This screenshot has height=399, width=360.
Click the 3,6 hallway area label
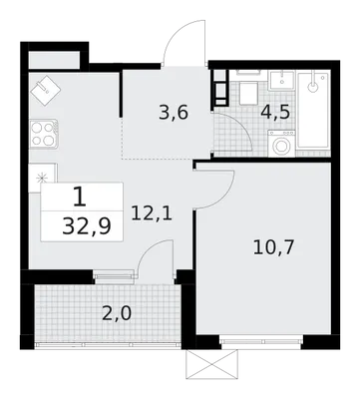174,113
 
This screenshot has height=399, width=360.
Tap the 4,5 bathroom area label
275,113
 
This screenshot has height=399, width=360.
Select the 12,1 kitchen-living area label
152,213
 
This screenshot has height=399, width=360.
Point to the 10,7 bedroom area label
273,247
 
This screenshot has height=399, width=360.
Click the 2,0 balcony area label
117,313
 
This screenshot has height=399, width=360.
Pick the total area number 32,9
87,227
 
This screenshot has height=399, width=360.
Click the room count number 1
80,197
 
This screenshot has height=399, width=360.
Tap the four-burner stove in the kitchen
44,134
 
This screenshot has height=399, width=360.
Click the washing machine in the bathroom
281,144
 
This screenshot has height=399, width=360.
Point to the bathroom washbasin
281,80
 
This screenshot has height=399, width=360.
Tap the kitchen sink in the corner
46,90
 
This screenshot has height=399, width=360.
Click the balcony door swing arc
148,247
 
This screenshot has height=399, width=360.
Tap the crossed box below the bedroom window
212,364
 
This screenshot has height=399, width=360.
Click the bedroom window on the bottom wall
261,341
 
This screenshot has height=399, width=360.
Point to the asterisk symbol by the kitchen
42,178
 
